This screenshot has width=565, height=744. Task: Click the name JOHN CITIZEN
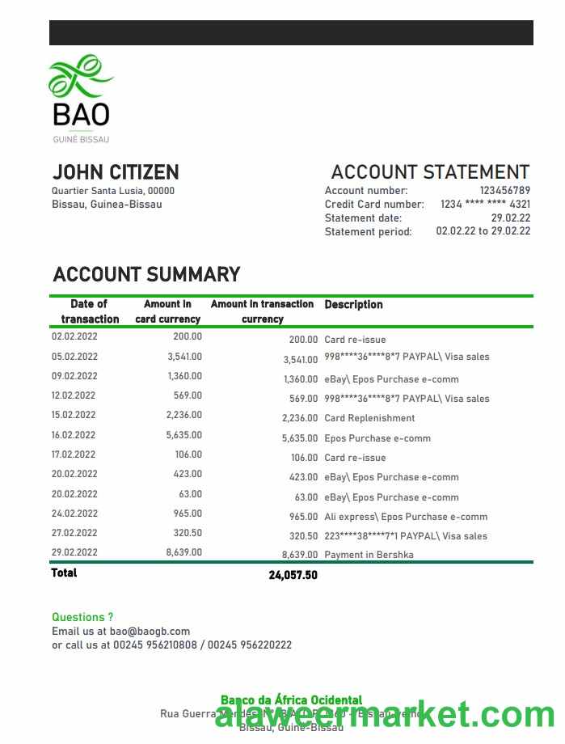(116, 172)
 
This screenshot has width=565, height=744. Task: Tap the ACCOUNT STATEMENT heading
(430, 172)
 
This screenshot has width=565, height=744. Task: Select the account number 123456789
(504, 191)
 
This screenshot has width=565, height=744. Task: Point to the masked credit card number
(485, 205)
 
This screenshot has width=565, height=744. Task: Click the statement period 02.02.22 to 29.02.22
(483, 231)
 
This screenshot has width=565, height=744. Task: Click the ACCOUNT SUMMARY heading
(146, 275)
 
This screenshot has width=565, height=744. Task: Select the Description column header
(353, 305)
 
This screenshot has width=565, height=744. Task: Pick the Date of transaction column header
(90, 311)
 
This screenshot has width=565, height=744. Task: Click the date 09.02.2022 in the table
(74, 376)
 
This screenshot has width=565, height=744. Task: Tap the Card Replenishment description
(369, 418)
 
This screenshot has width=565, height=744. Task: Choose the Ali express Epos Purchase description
(406, 517)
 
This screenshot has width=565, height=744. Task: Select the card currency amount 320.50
(188, 533)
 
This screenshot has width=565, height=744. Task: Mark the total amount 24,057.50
(293, 575)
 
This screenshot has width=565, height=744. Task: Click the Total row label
(65, 573)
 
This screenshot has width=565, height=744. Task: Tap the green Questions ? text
(82, 617)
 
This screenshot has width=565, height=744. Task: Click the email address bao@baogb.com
(150, 631)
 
